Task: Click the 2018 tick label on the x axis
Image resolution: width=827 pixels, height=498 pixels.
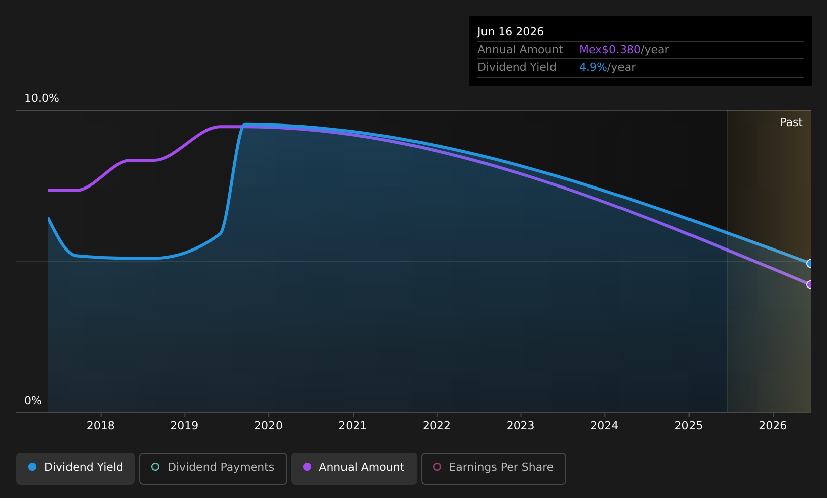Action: point(100,426)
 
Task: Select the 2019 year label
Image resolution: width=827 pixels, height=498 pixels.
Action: point(184,426)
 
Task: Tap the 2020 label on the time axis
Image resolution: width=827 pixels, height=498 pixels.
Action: point(268,426)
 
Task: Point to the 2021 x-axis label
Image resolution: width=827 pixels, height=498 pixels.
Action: point(353,426)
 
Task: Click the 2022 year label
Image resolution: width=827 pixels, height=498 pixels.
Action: point(436,426)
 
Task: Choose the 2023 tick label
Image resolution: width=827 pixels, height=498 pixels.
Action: point(521,426)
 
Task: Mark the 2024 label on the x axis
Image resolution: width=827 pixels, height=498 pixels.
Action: point(604,426)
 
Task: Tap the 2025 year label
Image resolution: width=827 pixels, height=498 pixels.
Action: point(688,426)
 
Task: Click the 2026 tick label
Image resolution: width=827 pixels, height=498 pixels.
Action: point(773,426)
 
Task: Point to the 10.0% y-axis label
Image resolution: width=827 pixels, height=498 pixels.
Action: point(42,98)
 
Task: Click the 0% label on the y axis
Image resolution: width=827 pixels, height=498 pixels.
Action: point(33,401)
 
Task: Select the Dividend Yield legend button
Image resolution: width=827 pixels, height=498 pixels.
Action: point(76,468)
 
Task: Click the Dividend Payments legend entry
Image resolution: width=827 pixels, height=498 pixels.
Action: point(213,468)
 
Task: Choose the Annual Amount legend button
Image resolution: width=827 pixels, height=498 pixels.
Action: point(354,468)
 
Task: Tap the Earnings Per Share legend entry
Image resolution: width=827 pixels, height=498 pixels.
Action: point(493,468)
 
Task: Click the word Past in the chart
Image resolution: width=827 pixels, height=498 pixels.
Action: point(791,122)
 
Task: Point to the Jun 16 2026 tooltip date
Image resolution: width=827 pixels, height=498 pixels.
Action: point(511,32)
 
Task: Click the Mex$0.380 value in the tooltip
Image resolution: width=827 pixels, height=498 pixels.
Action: point(609,50)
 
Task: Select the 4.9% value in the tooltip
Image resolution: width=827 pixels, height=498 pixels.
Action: point(593,67)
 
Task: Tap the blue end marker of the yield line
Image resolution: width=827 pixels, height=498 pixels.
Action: point(810,264)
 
